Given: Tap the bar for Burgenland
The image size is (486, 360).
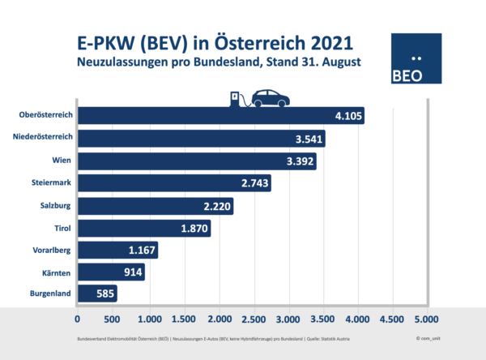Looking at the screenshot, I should click(96, 293).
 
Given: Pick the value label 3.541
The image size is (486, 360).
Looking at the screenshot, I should click(308, 139).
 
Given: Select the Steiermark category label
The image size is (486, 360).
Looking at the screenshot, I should click(49, 184).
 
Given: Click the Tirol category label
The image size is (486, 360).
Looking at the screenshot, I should click(61, 228).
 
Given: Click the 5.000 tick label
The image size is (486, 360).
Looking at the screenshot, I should click(426, 319).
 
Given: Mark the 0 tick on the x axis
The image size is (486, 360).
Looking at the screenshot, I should click(78, 319).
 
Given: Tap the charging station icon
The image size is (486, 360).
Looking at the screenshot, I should click(236, 100).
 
